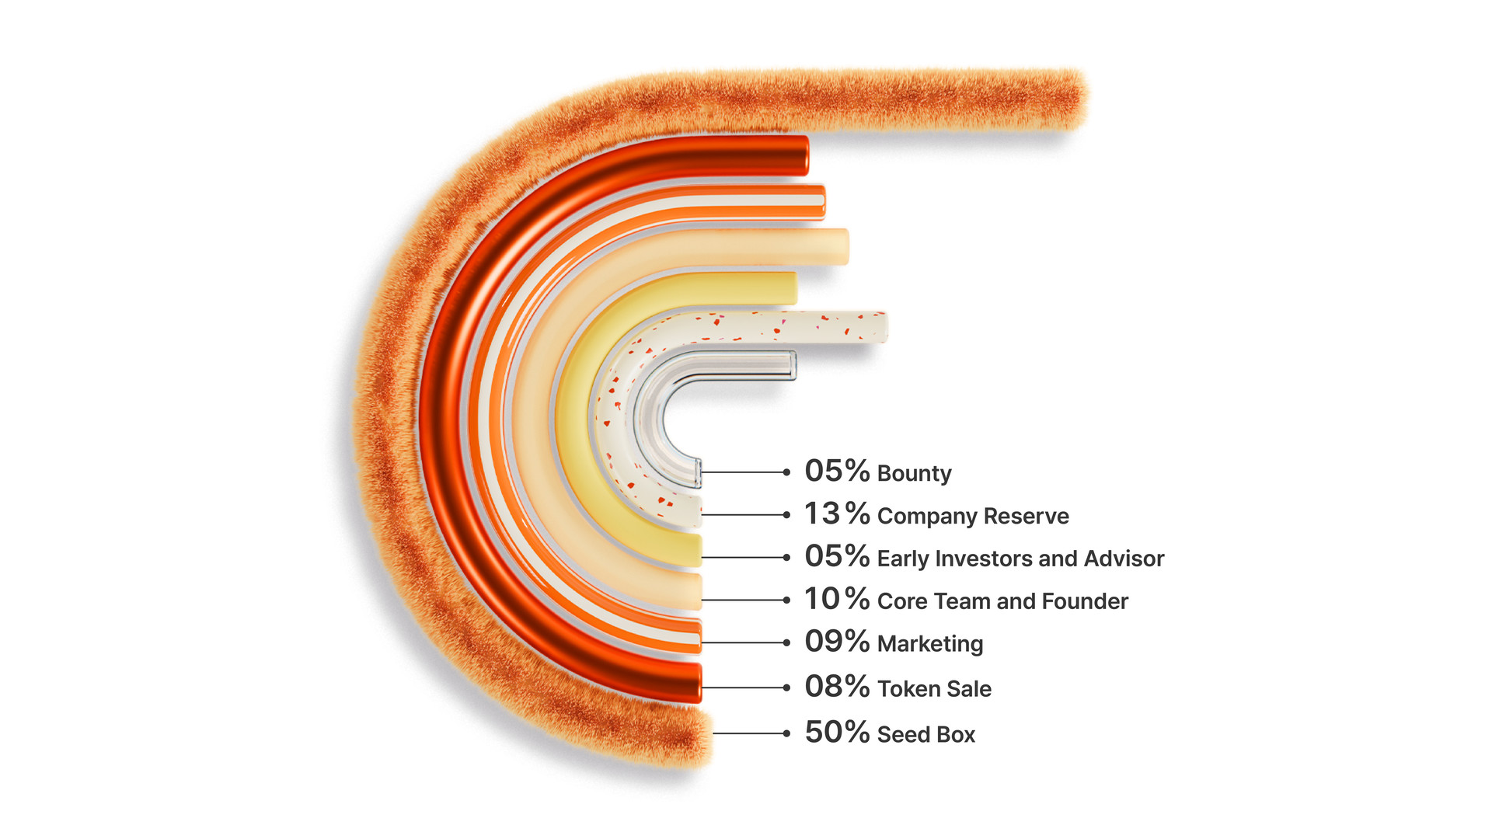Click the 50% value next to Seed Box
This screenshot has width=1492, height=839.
click(x=837, y=732)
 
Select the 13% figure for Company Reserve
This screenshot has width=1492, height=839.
click(x=837, y=513)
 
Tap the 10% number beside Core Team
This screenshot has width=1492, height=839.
click(x=837, y=599)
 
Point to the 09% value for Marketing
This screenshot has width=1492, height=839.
click(x=837, y=642)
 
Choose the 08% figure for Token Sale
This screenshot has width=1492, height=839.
click(x=837, y=687)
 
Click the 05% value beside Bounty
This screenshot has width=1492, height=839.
click(x=837, y=471)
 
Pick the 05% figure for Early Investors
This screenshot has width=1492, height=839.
click(x=837, y=556)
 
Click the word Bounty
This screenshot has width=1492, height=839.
click(x=915, y=474)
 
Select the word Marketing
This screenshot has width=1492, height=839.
click(x=930, y=644)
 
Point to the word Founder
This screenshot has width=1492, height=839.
click(x=1085, y=601)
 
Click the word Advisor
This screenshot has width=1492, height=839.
click(x=1124, y=559)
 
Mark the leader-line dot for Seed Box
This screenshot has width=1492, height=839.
click(x=786, y=733)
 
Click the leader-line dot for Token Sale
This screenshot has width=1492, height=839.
click(x=786, y=688)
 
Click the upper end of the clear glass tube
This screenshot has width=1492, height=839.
click(x=793, y=365)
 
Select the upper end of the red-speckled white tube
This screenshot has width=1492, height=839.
click(x=884, y=327)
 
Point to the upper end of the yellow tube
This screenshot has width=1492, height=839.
click(x=793, y=288)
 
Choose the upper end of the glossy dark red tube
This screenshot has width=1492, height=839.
click(x=804, y=155)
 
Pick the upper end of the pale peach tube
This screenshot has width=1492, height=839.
click(x=845, y=246)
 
